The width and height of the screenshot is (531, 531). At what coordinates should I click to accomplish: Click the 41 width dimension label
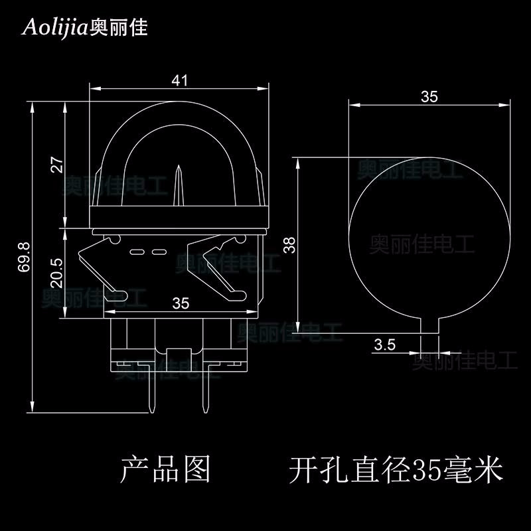(x=180, y=80)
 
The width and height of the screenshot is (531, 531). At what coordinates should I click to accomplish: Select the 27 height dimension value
(x=56, y=164)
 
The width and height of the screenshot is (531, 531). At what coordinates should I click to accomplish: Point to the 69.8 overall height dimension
(x=24, y=256)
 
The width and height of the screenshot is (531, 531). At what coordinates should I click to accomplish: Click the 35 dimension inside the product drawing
(x=181, y=303)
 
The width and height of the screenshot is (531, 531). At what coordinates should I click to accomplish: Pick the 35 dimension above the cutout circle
(x=429, y=97)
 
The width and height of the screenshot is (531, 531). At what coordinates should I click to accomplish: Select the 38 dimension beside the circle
(x=288, y=245)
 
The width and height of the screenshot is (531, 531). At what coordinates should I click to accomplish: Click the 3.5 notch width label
(x=385, y=344)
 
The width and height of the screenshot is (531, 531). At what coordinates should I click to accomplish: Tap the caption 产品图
(x=165, y=469)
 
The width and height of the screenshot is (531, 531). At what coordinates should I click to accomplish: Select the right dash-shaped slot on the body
(x=158, y=252)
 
